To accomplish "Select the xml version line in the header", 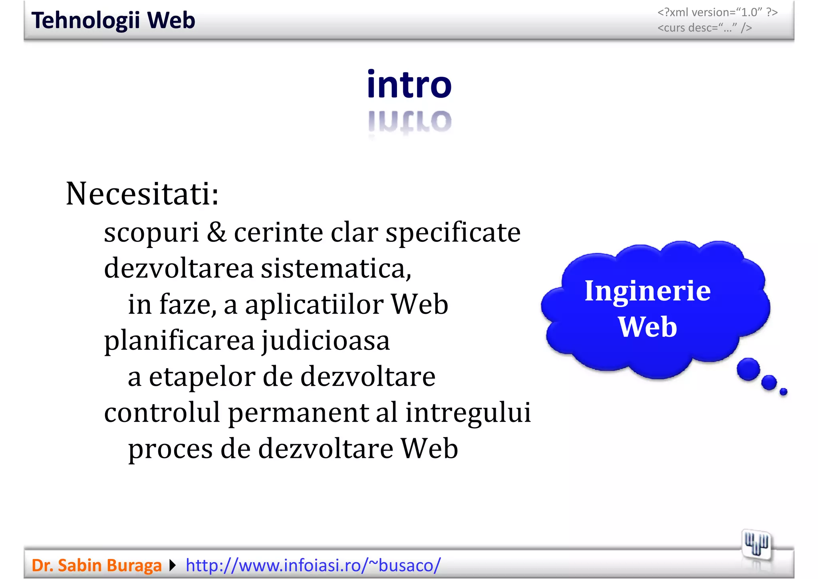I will click(717, 12).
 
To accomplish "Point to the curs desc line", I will click(705, 28).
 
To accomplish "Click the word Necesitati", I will click(142, 194).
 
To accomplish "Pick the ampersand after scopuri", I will click(216, 232).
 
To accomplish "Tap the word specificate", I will click(453, 233).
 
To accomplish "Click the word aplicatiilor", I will click(314, 305).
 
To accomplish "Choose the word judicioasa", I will click(326, 341).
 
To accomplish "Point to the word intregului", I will click(468, 413).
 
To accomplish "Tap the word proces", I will click(170, 449).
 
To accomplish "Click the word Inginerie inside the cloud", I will click(647, 291).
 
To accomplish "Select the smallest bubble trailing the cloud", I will click(783, 391).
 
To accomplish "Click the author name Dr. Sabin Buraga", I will click(96, 565).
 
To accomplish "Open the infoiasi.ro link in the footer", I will click(313, 565).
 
